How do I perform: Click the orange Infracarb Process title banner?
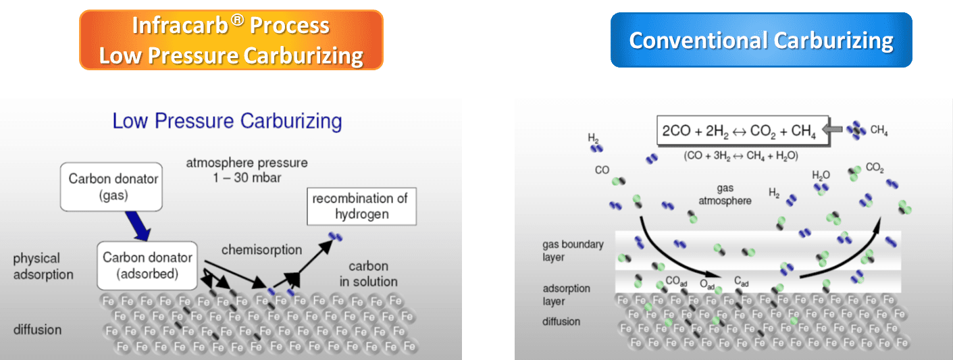(x=231, y=40)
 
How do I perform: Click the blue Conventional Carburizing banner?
(x=761, y=40)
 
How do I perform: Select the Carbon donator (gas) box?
(x=111, y=187)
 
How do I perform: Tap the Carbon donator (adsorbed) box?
(x=147, y=265)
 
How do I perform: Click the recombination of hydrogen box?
(x=361, y=207)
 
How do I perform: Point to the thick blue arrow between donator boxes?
(x=137, y=226)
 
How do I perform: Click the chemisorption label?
(x=261, y=250)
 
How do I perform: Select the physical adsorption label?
(x=43, y=266)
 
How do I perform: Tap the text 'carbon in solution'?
(x=369, y=274)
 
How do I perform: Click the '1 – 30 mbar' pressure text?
(x=247, y=178)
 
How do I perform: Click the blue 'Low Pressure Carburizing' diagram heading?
(x=227, y=121)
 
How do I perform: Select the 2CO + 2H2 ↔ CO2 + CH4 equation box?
(x=742, y=130)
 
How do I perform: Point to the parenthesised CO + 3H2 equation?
(x=741, y=156)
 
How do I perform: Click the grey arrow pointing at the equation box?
(x=833, y=129)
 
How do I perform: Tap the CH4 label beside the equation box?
(x=879, y=130)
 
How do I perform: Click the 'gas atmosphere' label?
(x=725, y=195)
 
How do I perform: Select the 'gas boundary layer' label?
(x=573, y=251)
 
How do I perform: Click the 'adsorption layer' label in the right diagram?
(x=566, y=295)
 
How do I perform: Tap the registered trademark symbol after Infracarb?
(x=238, y=20)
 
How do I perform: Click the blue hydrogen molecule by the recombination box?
(x=335, y=236)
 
